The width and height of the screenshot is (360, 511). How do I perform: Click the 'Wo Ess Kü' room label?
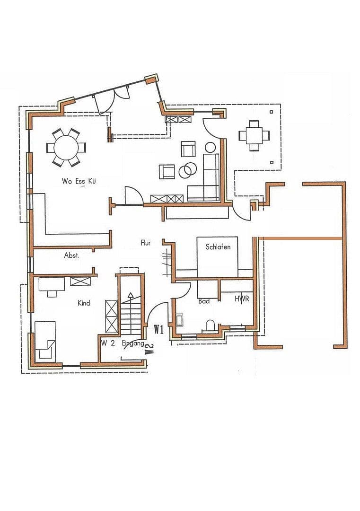point(79,181)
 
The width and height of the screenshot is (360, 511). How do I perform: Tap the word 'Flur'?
point(146,243)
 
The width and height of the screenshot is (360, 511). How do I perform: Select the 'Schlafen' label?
point(218,247)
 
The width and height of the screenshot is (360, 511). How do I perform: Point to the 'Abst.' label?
point(72,255)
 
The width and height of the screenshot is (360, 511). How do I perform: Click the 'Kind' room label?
point(84,303)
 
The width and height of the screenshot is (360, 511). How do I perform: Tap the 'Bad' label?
point(204,301)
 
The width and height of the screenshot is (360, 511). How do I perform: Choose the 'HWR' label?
point(242,299)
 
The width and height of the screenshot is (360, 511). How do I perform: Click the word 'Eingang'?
point(133,344)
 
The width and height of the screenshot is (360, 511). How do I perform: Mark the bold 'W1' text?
point(158,330)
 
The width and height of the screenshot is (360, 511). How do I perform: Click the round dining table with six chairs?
point(66,147)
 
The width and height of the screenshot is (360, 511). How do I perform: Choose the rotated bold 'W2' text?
point(149,349)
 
